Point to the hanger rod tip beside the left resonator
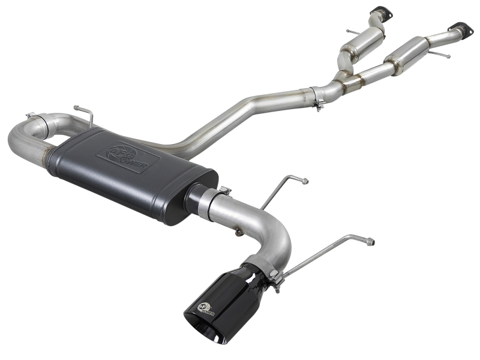click(349, 31)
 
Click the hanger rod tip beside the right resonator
click(447, 56)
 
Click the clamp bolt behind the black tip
click(274, 274)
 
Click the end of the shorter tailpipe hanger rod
click(306, 181)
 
